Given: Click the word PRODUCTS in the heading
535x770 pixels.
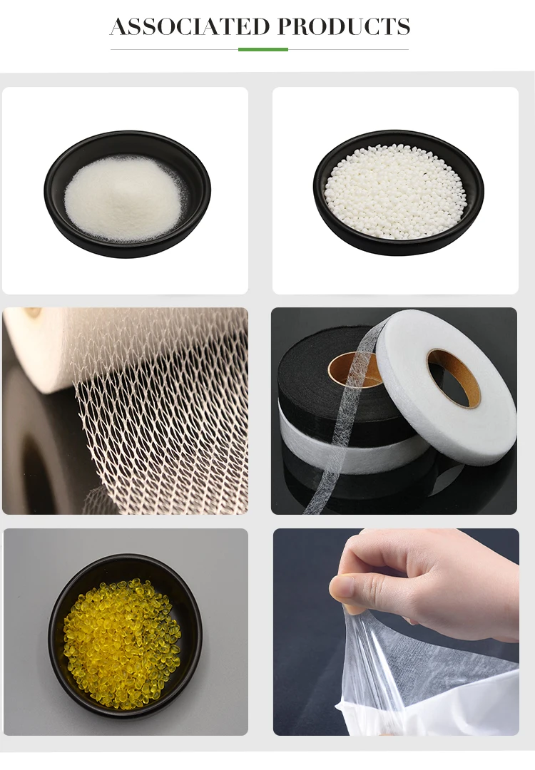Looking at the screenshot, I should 344,27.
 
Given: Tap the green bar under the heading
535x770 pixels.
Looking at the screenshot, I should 263,49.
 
